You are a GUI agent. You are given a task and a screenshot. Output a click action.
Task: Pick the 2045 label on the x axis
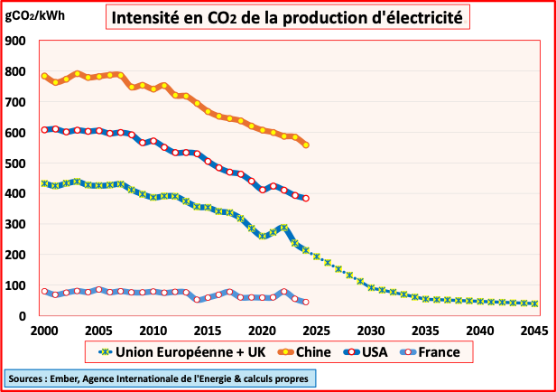[x=534, y=331]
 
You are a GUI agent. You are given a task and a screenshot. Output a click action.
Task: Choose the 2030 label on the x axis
[x=371, y=331]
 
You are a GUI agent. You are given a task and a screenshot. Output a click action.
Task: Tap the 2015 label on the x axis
[x=208, y=331]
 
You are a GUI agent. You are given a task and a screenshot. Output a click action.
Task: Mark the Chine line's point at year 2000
[x=44, y=76]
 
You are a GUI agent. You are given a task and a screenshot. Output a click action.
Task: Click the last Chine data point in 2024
[x=306, y=145]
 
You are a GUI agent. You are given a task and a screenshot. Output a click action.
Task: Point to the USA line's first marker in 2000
[x=44, y=130]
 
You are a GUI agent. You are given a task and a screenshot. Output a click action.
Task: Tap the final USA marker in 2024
[x=306, y=199]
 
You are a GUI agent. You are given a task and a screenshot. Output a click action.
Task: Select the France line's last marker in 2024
[x=306, y=302]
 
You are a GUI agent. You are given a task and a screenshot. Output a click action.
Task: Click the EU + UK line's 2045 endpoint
[x=534, y=303]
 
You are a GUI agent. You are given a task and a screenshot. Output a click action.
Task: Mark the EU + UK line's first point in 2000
[x=44, y=183]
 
